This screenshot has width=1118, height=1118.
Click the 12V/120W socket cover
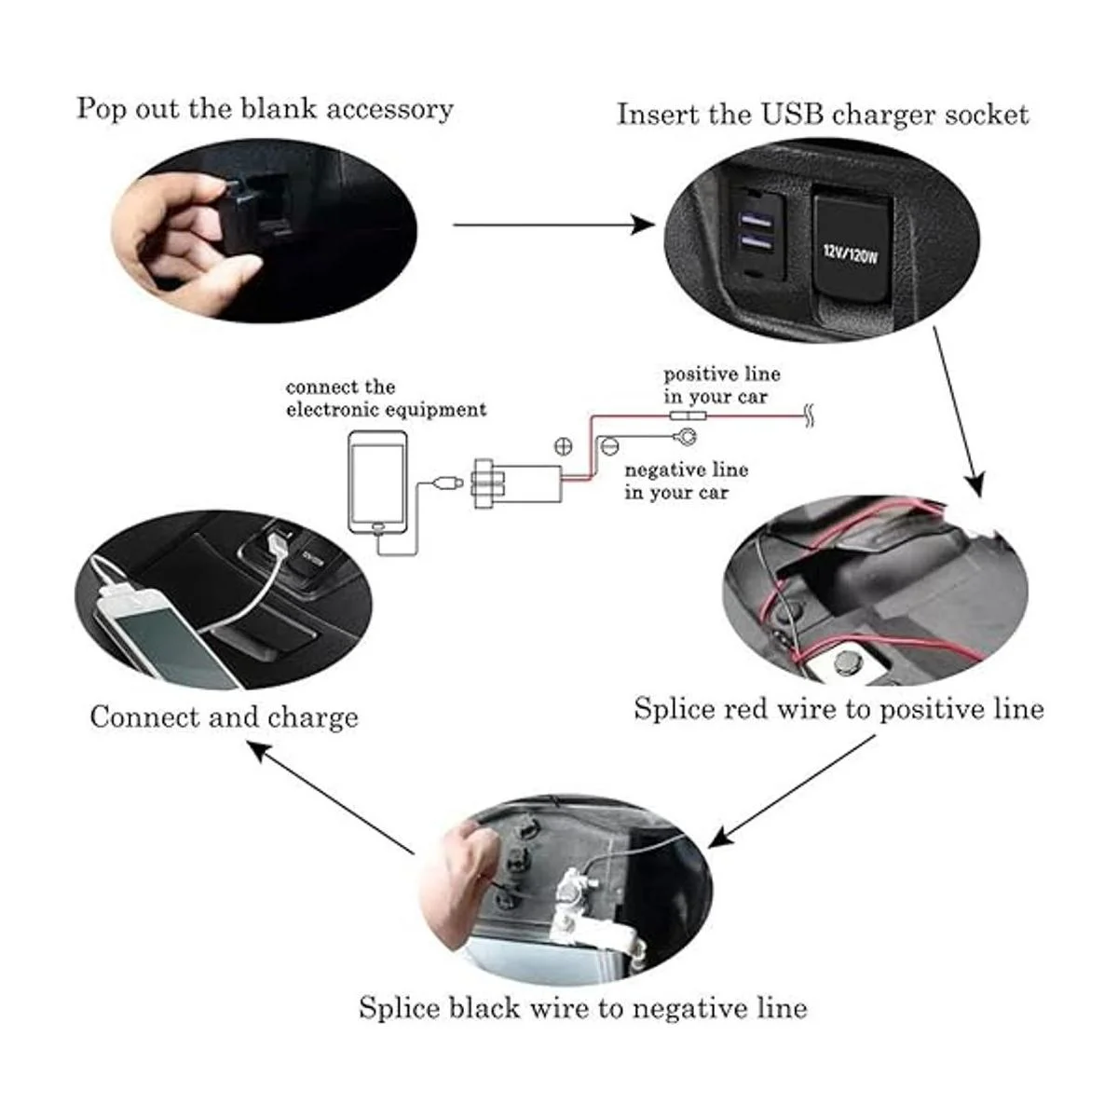pyautogui.click(x=849, y=246)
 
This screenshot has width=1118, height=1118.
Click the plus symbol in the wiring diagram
pyautogui.click(x=564, y=445)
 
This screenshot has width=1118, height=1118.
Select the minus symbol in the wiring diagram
pyautogui.click(x=609, y=447)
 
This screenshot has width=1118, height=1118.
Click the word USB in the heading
pyautogui.click(x=794, y=116)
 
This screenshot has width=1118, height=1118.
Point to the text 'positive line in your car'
pyautogui.click(x=721, y=385)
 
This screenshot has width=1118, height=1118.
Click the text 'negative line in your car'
pyautogui.click(x=686, y=481)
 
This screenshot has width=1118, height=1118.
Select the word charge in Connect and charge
pyautogui.click(x=312, y=717)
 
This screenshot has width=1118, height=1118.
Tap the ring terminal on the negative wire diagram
pyautogui.click(x=685, y=435)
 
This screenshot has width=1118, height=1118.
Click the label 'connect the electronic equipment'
pyautogui.click(x=385, y=398)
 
